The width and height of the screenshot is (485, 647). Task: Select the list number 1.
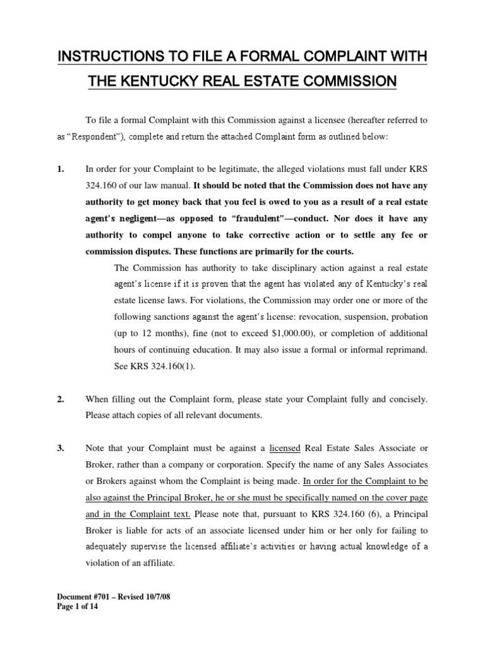pos(61,169)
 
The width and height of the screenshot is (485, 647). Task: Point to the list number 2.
pos(61,399)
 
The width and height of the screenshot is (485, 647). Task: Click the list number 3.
pos(61,448)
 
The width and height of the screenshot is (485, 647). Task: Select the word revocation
pos(297,316)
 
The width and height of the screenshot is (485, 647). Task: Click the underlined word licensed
pos(284,448)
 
